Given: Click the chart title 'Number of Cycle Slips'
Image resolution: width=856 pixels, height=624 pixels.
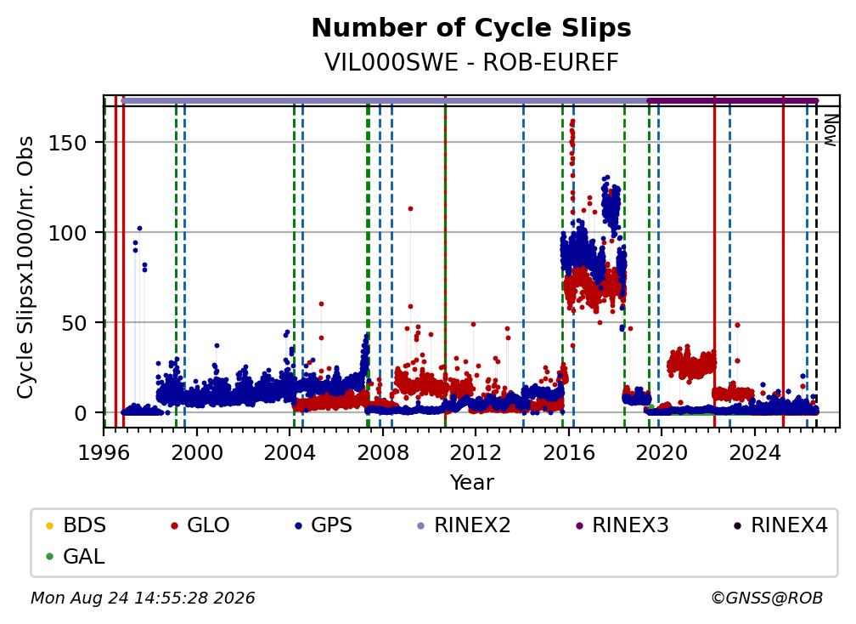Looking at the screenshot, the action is (471, 28).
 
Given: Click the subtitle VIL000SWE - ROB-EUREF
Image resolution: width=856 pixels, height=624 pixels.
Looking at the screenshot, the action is (471, 63).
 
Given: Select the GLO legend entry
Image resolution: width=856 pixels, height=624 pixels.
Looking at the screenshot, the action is (200, 525).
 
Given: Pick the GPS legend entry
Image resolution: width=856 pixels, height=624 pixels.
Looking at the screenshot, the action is (324, 525).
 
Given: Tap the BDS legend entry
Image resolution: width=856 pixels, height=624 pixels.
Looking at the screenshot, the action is (76, 525).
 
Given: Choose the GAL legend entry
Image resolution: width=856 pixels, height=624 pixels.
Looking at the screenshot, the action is (76, 557).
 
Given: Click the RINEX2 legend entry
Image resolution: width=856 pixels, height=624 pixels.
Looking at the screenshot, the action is (464, 525).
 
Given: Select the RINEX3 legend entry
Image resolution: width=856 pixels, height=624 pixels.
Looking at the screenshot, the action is (622, 525).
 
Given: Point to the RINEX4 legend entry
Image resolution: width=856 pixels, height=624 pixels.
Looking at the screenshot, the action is (780, 525).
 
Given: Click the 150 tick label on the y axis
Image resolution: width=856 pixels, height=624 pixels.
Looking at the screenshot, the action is (68, 143).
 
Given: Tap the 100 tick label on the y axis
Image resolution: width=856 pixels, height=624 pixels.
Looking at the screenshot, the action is (68, 233).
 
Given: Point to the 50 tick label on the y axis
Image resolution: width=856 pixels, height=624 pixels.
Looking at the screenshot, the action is (74, 323).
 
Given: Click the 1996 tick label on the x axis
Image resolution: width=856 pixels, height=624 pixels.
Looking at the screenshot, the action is (104, 453).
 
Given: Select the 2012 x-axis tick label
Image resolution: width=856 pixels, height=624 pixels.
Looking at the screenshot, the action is (476, 453).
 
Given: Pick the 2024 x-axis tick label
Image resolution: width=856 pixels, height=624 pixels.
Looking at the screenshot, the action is (754, 453).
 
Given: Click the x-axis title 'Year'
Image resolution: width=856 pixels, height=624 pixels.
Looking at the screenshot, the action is (471, 483).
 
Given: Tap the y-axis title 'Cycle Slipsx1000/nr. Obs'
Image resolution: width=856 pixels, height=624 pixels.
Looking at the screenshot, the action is (25, 267).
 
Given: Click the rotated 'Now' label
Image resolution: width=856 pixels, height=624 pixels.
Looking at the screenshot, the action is (830, 130).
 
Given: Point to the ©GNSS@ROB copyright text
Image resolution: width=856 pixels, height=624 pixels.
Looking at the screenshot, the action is (767, 598).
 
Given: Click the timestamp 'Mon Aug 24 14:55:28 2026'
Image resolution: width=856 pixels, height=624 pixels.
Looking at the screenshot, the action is (143, 598).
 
